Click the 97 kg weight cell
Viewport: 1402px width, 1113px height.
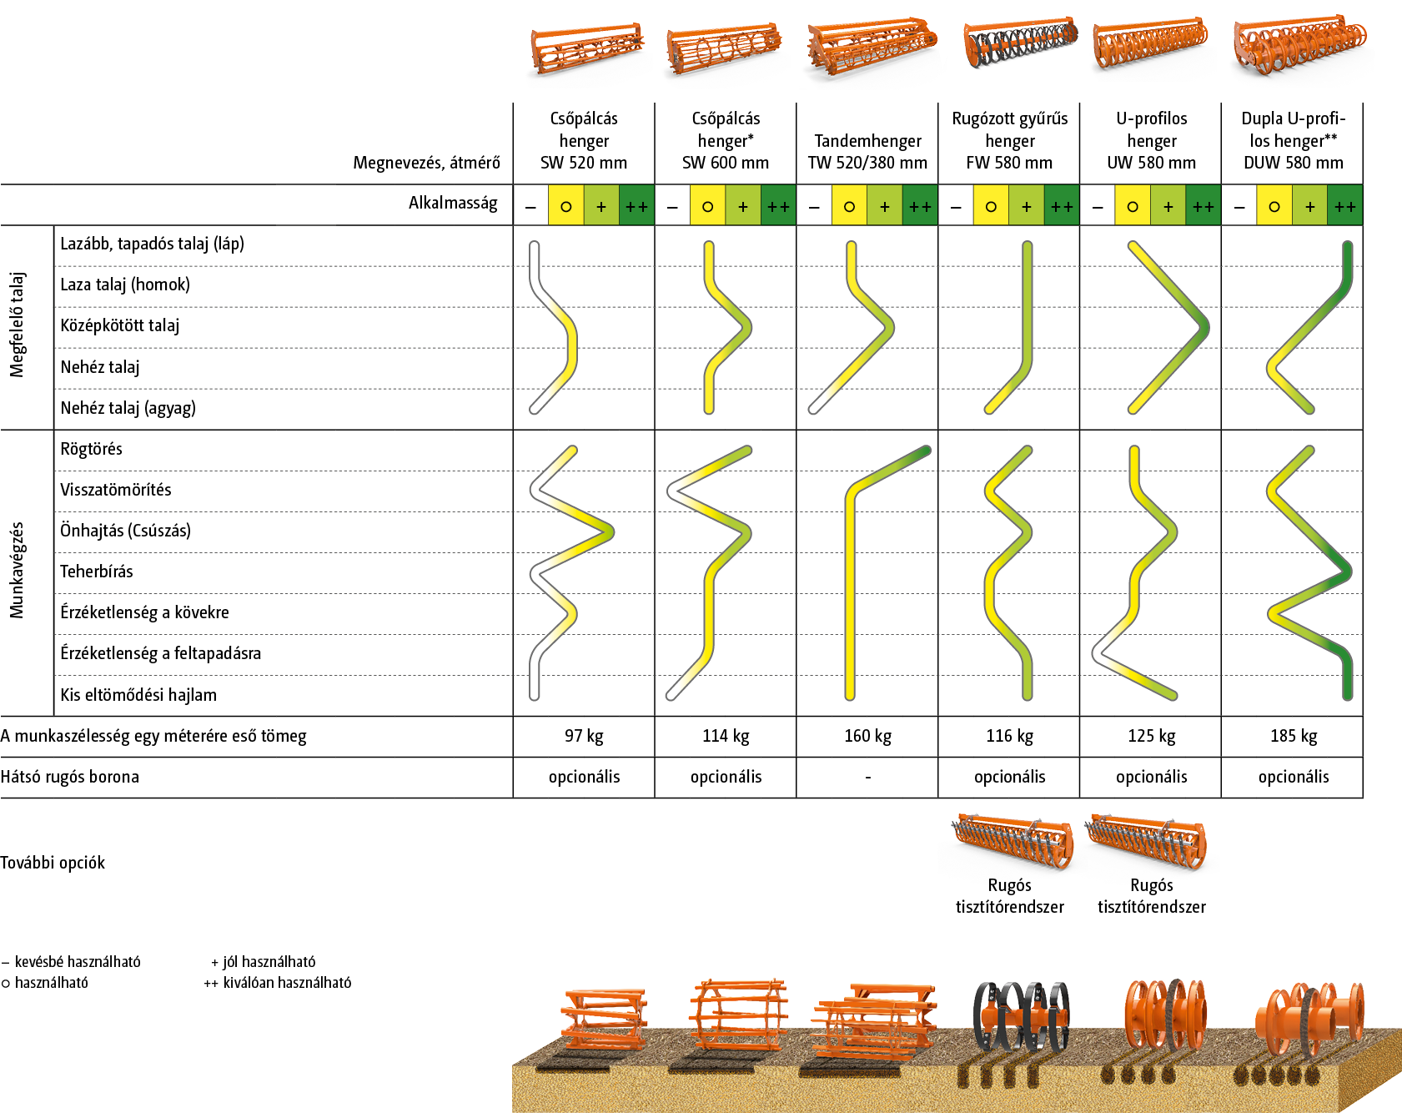coord(584,736)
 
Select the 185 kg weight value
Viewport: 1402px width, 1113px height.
coord(1293,736)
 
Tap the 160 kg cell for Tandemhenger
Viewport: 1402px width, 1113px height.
coord(867,736)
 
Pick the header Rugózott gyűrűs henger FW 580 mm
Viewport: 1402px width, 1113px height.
coord(1009,140)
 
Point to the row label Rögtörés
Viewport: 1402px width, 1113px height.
coord(91,449)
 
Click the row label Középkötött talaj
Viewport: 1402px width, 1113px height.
coord(119,325)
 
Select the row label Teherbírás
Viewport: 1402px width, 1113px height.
coord(96,572)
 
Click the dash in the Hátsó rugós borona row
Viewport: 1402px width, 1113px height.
coord(867,778)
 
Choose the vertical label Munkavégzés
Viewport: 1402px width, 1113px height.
coord(17,571)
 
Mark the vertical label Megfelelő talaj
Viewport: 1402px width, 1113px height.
coord(17,325)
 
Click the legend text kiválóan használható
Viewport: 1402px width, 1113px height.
coord(287,983)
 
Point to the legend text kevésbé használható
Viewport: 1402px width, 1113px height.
coord(77,962)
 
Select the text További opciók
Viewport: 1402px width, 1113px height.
coord(53,863)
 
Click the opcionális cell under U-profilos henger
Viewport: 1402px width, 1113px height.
coord(1151,777)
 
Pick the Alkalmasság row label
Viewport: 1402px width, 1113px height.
coord(453,203)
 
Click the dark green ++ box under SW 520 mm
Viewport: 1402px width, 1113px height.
coord(636,206)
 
